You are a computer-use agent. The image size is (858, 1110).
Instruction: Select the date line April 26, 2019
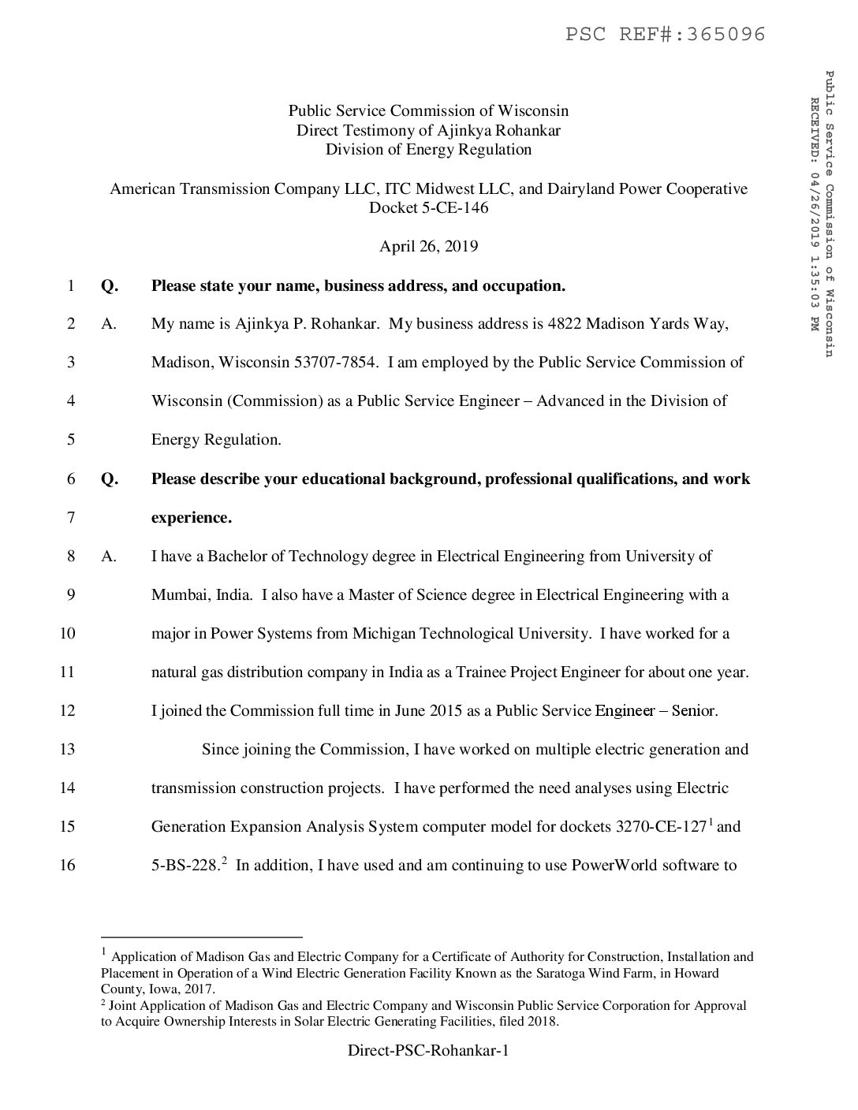(x=428, y=247)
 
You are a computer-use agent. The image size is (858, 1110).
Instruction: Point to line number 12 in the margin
(x=67, y=710)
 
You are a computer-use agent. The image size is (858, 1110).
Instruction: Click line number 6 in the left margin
(x=71, y=479)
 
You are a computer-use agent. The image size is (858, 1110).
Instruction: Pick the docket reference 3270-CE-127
(x=659, y=826)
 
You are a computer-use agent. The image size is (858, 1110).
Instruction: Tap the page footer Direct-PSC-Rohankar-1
(x=428, y=1051)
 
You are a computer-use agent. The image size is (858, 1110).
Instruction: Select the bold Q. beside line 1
(x=110, y=285)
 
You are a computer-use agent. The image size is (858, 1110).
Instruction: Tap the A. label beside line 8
(x=109, y=556)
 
